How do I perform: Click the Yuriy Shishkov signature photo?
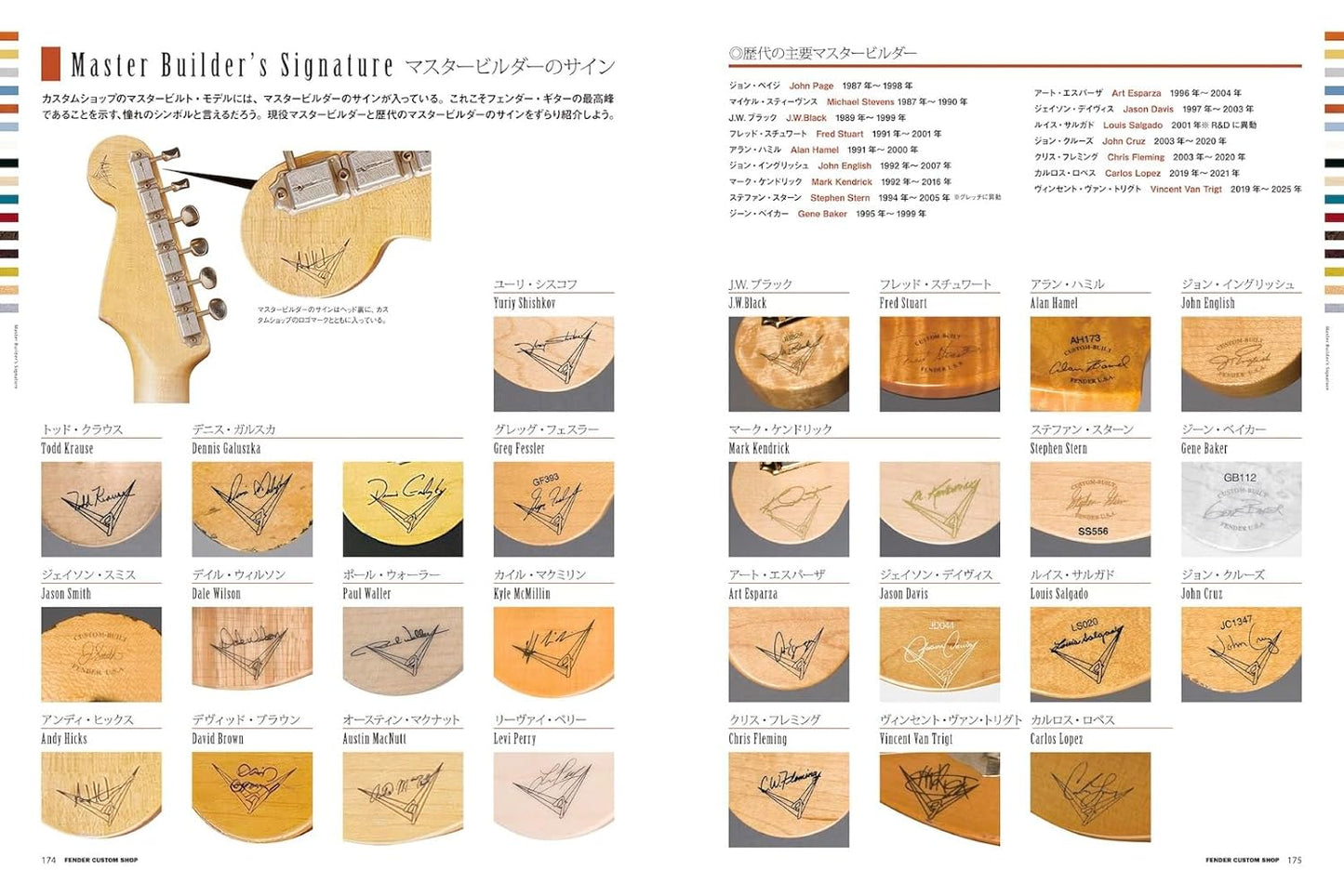click(x=553, y=363)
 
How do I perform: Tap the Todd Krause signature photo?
click(x=101, y=508)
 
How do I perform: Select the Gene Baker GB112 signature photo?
click(x=1241, y=508)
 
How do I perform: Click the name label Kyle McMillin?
click(x=522, y=594)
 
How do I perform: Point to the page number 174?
click(x=48, y=860)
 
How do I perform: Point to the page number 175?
click(x=1294, y=860)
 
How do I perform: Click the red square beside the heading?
click(x=51, y=64)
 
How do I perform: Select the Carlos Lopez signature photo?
click(x=1090, y=798)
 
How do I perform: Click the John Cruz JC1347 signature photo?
click(x=1241, y=653)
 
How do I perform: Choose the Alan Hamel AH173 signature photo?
click(x=1090, y=363)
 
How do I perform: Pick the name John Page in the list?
click(x=811, y=86)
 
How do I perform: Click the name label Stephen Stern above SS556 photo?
click(x=1058, y=449)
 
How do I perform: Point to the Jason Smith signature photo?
click(x=101, y=653)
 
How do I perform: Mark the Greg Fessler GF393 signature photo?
click(x=553, y=508)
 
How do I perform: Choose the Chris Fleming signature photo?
click(x=789, y=798)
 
